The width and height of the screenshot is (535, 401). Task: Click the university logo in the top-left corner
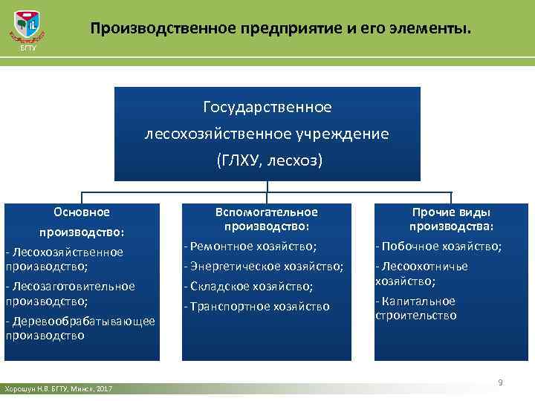click(x=27, y=30)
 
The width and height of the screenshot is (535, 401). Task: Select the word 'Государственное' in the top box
click(x=267, y=108)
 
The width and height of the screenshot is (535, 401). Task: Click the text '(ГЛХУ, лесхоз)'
click(x=267, y=160)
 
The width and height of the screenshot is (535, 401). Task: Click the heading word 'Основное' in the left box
click(x=82, y=212)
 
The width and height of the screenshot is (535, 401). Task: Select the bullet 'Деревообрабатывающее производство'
click(x=80, y=327)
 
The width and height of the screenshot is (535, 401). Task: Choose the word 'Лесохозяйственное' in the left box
click(x=66, y=252)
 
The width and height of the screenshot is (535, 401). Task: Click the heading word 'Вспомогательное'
click(x=266, y=212)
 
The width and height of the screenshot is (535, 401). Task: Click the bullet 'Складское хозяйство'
click(x=248, y=286)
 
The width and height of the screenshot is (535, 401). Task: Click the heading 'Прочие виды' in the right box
click(x=451, y=212)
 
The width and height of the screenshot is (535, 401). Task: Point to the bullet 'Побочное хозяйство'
click(x=438, y=246)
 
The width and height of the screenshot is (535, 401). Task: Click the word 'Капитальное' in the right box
click(x=429, y=301)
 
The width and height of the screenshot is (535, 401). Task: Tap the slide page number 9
click(x=500, y=382)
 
